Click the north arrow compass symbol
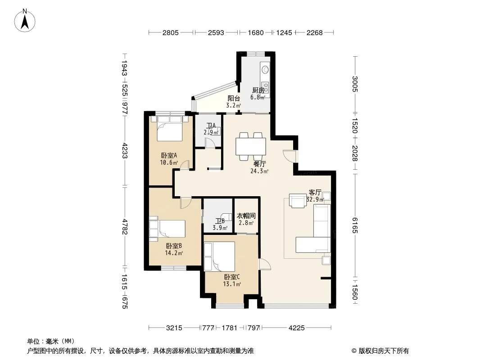[x=25, y=20]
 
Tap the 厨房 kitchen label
[x=258, y=90]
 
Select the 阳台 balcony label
[x=234, y=99]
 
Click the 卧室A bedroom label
[x=169, y=155]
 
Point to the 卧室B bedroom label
[x=174, y=246]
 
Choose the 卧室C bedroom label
[x=232, y=277]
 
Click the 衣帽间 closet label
[x=246, y=216]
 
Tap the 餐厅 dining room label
[x=260, y=164]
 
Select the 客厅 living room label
[x=315, y=193]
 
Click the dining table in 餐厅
[x=251, y=147]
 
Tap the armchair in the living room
[x=298, y=201]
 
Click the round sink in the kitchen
[x=265, y=69]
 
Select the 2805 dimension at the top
[x=171, y=32]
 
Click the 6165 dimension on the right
[x=355, y=225]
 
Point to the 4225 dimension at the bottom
[x=297, y=328]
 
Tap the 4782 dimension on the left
[x=124, y=227]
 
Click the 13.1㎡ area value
[x=232, y=284]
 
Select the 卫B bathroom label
[x=220, y=221]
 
